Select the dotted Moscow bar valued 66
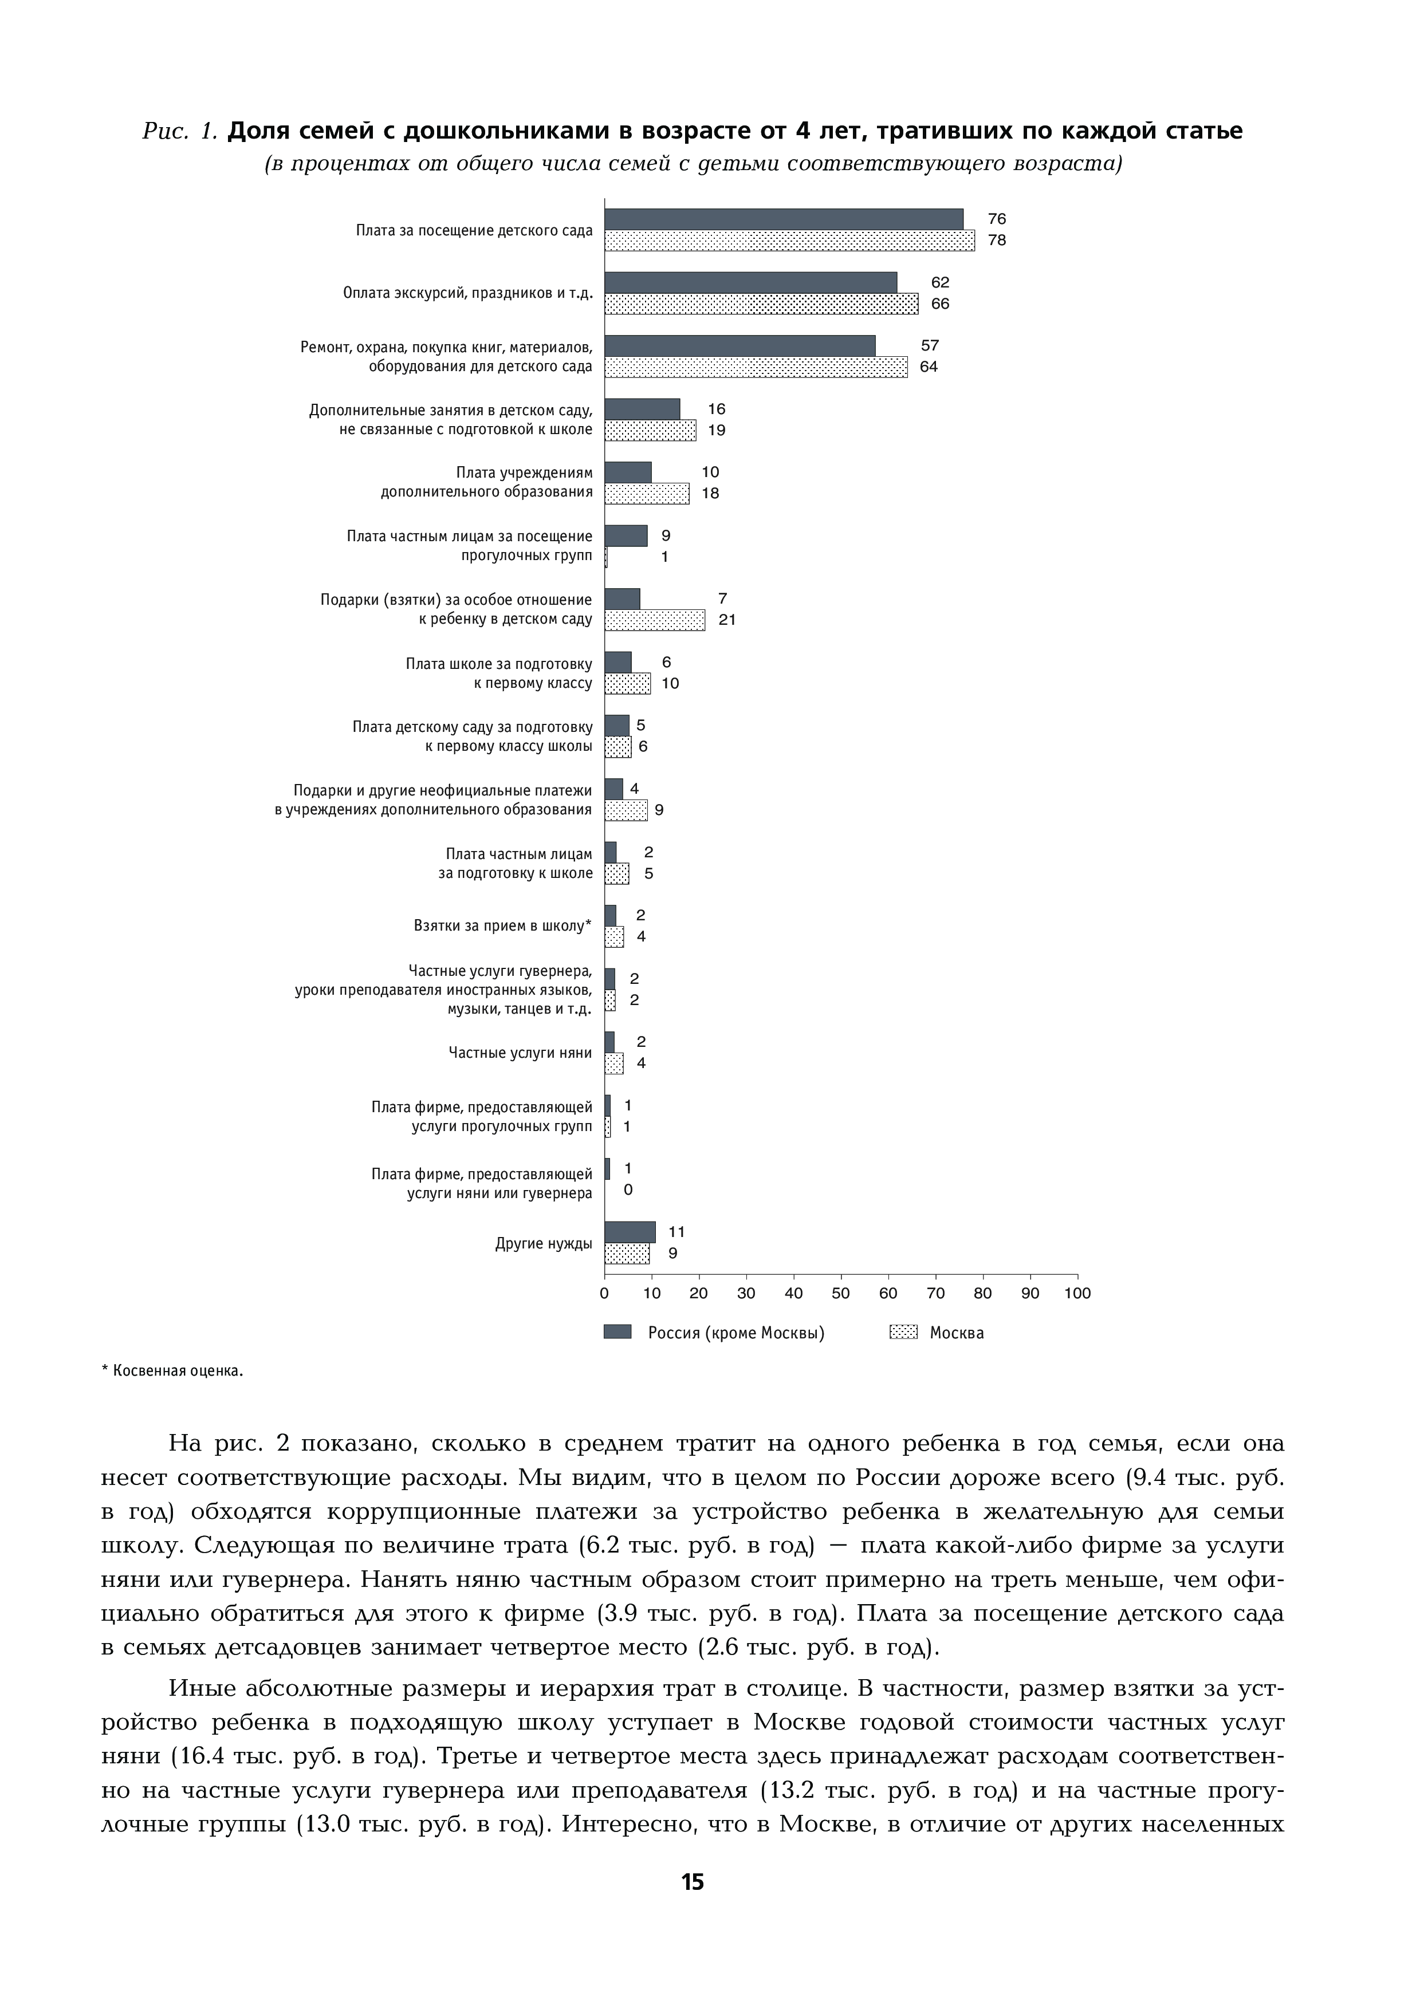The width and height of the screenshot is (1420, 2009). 761,304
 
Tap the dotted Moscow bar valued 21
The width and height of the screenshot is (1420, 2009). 655,620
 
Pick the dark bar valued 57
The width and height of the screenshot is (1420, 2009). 739,346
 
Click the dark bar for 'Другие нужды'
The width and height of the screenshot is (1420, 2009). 630,1232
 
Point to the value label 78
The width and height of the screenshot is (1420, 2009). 997,241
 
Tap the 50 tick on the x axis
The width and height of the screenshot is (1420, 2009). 841,1293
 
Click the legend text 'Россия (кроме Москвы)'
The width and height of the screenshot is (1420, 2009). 736,1333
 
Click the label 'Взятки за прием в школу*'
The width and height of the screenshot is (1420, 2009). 502,925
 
